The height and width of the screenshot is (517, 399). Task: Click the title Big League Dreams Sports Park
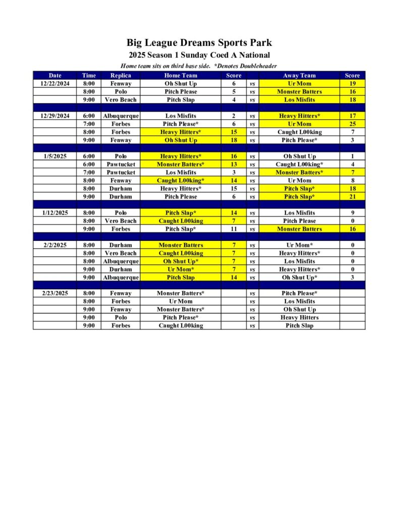[x=199, y=43]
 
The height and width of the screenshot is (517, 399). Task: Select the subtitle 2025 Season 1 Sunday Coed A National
[x=199, y=55]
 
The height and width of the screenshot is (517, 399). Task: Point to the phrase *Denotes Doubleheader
[x=246, y=66]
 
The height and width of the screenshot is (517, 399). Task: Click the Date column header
[x=55, y=75]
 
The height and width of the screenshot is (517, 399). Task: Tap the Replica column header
[x=121, y=75]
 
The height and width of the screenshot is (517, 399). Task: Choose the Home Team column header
[x=181, y=75]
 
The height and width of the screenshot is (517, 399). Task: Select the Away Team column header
[x=299, y=75]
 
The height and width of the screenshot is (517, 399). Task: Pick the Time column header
[x=89, y=75]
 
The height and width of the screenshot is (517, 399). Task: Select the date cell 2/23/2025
[x=55, y=293]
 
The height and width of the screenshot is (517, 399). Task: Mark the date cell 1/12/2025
[x=55, y=213]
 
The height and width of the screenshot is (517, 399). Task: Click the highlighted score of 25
[x=352, y=124]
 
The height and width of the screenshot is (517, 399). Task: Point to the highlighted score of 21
[x=352, y=196]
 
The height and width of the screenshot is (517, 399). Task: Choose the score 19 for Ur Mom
[x=352, y=83]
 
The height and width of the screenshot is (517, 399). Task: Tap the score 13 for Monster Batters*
[x=234, y=164]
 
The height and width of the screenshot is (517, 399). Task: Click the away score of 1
[x=352, y=156]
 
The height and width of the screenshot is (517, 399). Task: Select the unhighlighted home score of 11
[x=234, y=229]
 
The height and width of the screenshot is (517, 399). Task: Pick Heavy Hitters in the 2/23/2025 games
[x=299, y=318]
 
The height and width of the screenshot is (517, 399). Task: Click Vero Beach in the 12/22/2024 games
[x=121, y=99]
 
